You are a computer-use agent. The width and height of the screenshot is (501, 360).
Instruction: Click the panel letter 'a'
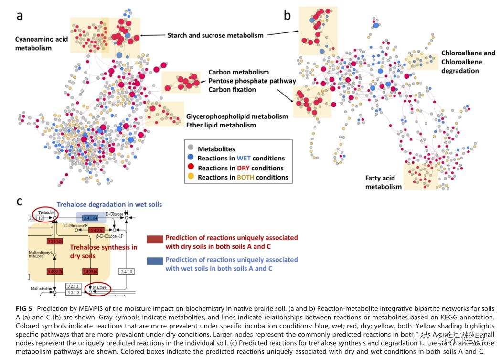point(20,16)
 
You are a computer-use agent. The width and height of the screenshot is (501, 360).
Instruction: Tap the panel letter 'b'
point(288,16)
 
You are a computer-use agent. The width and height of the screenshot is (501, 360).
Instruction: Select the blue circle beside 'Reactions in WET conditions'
point(191,158)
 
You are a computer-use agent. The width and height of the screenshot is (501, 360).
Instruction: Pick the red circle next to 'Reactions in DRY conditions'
point(191,168)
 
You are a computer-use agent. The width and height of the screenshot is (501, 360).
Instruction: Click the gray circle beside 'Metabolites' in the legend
point(191,149)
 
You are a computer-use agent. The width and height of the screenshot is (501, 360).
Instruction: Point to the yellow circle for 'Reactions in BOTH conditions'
point(191,177)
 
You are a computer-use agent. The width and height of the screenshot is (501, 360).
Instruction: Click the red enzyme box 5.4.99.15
point(54,271)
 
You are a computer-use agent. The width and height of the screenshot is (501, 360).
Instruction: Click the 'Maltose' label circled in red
point(99,287)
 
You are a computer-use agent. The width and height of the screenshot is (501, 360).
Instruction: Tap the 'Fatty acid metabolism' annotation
point(384,182)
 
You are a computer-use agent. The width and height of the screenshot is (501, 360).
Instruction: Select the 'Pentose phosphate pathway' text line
point(252,81)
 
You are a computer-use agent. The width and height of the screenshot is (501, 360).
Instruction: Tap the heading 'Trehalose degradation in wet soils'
point(109,204)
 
